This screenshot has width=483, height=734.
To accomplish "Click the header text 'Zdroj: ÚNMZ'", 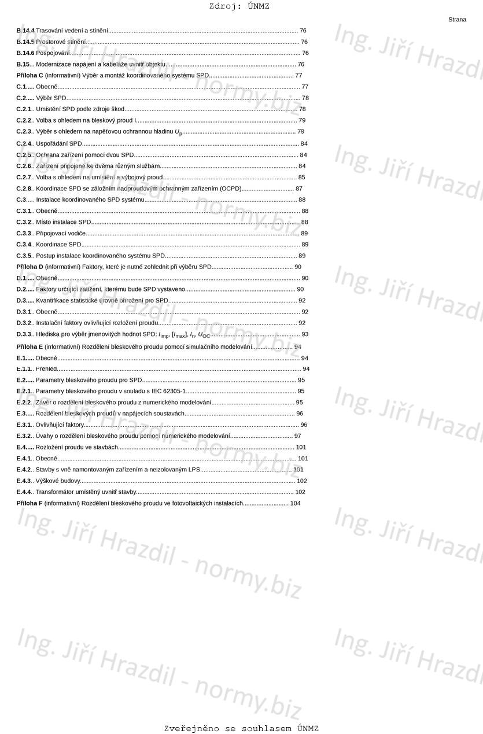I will point(239,6).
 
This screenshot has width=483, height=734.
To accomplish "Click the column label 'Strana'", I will point(457,20).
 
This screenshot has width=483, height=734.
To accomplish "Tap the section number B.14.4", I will point(25,31).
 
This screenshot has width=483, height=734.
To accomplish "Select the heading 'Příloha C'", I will point(30,76).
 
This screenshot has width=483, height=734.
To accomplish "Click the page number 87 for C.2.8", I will point(298,189).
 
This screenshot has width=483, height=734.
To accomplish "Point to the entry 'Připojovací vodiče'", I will point(61,234).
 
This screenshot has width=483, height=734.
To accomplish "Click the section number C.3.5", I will point(24,256).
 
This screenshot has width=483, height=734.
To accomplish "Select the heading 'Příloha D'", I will point(30,267).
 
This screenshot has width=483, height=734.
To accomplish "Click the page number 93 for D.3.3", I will point(305,334).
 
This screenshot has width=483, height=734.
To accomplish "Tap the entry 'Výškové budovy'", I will point(58,481).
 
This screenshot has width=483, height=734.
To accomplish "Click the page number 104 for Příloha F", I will point(295,504).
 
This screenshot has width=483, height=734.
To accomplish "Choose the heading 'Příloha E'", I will point(30,347).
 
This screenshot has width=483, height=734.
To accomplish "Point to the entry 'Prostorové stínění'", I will point(61,42).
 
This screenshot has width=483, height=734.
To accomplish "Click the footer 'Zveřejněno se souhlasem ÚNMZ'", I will point(241,729).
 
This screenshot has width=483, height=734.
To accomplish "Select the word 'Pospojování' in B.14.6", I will point(53,53).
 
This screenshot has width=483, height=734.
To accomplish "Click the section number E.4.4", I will point(24,492).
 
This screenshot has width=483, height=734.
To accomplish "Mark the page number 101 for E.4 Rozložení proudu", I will point(301,447).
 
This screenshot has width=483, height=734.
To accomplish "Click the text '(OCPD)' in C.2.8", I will point(230,189).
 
